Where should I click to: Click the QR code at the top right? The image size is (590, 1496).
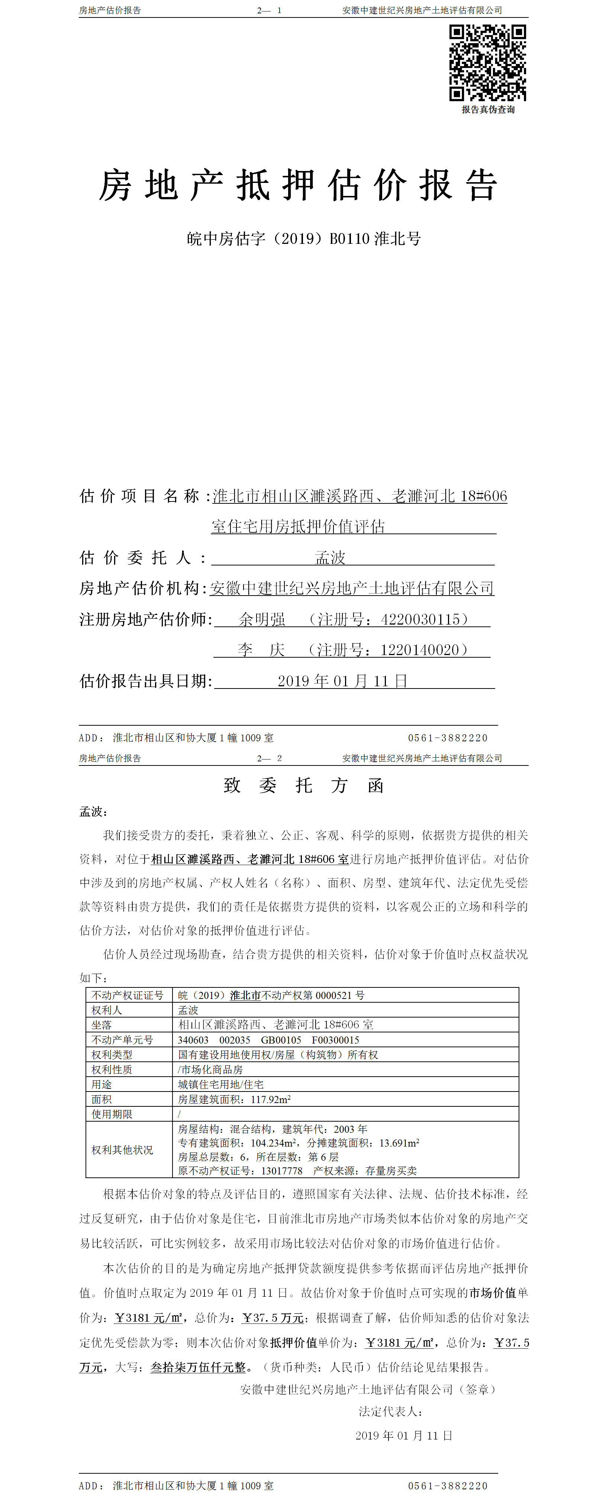pos(487,63)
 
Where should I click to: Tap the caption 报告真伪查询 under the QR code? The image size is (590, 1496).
pos(488,110)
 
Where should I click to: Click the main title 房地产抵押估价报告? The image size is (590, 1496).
pos(298,186)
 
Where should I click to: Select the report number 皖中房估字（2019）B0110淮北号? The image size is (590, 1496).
pos(304,239)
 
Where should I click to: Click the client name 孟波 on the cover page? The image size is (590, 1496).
pos(330,558)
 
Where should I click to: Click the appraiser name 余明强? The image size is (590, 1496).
pos(262,620)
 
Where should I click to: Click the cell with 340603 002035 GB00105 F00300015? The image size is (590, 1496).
pos(268,1039)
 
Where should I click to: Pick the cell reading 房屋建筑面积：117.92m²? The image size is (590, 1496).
pos(234,1099)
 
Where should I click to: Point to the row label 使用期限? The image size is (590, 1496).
pos(112,1114)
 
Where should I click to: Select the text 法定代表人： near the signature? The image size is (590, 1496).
pos(390,1411)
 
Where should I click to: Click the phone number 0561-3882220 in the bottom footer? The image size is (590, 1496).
pos(448,1486)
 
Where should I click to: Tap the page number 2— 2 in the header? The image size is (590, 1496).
pos(270,758)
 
